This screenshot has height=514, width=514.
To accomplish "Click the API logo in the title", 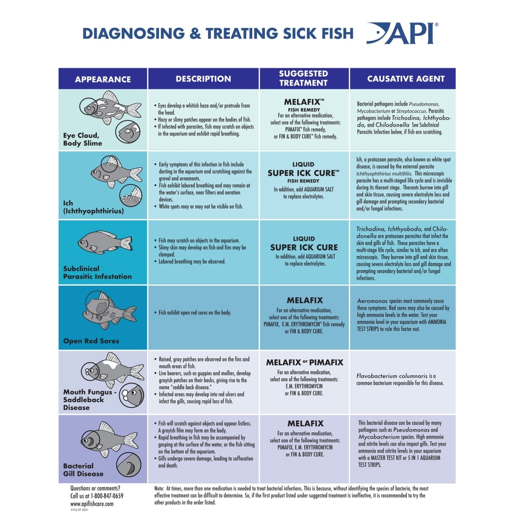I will [x=403, y=33].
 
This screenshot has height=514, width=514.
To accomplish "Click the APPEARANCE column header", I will [x=103, y=79].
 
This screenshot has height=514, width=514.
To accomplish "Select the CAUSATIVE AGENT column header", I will [x=406, y=79].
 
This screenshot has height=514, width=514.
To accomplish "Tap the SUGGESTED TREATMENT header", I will [x=303, y=78].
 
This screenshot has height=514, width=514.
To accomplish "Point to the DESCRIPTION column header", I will [x=203, y=79].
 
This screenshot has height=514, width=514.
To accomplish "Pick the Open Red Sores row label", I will [x=91, y=341].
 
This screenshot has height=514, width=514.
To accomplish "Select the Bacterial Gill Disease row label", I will [x=83, y=470].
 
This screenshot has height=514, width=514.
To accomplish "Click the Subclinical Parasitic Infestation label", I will [x=97, y=272].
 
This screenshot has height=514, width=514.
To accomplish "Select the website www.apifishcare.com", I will [x=92, y=504].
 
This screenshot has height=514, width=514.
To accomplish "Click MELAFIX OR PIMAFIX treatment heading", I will [x=305, y=362].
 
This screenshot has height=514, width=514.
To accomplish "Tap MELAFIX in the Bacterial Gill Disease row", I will [x=305, y=423].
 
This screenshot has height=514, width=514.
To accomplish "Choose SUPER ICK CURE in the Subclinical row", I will [x=304, y=247].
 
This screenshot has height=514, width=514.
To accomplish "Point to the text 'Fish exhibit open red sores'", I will [x=194, y=313].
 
